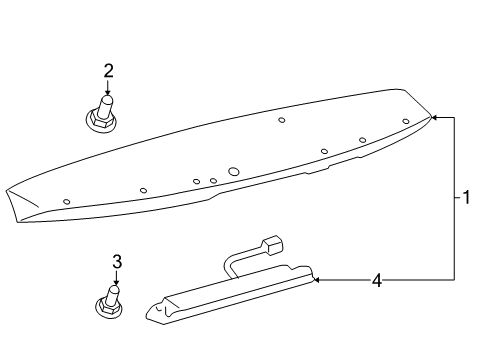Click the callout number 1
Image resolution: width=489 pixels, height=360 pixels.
pyautogui.click(x=466, y=197)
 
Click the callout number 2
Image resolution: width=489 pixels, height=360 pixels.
pyautogui.click(x=108, y=70)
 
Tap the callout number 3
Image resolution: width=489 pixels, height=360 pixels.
pyautogui.click(x=116, y=262)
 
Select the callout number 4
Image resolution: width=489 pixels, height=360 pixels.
pyautogui.click(x=377, y=281)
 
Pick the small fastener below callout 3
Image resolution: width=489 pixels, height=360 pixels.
pyautogui.click(x=113, y=302)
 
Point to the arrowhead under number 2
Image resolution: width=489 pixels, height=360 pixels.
pyautogui.click(x=108, y=93)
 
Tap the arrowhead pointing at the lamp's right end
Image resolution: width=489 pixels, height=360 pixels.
pyautogui.click(x=319, y=281)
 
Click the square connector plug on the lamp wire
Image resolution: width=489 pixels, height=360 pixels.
pyautogui.click(x=272, y=245)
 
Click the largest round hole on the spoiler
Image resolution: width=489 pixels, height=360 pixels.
pyautogui.click(x=234, y=172)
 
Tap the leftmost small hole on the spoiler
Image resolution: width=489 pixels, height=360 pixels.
pyautogui.click(x=67, y=201)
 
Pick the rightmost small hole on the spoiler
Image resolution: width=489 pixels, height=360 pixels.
pyautogui.click(x=405, y=122)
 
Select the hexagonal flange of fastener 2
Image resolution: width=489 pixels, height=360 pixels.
pyautogui.click(x=101, y=121)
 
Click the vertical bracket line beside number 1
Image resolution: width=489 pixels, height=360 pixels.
pyautogui.click(x=456, y=197)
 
